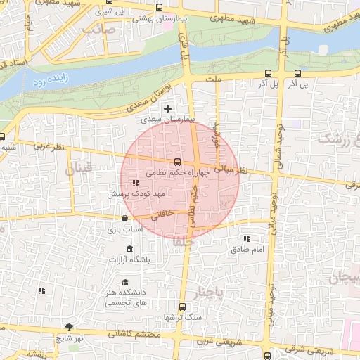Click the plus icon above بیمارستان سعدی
click(x=167, y=108)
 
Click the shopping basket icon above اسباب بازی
click(x=124, y=219)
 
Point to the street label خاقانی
click(x=161, y=218)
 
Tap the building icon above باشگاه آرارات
click(x=129, y=250)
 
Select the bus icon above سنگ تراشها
click(x=182, y=307)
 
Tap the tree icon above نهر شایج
click(x=69, y=327)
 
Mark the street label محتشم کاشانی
click(x=136, y=334)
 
